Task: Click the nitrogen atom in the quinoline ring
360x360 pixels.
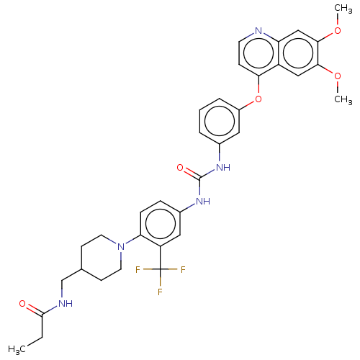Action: pyautogui.click(x=258, y=30)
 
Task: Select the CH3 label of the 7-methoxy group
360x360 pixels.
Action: pyautogui.click(x=343, y=9)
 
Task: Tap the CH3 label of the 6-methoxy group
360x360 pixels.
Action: pyautogui.click(x=343, y=99)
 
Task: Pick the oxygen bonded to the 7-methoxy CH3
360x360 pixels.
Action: pyautogui.click(x=338, y=30)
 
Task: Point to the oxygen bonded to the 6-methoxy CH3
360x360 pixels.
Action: pyautogui.click(x=338, y=76)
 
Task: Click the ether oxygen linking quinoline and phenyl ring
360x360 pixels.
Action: pyautogui.click(x=258, y=99)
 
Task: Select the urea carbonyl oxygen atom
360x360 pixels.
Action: pyautogui.click(x=180, y=168)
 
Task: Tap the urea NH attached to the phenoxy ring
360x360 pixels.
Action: pyautogui.click(x=223, y=167)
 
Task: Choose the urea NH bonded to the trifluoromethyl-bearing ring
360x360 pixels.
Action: pyautogui.click(x=203, y=201)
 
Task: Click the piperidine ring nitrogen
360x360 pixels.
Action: pyautogui.click(x=121, y=246)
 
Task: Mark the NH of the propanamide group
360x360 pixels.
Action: pyautogui.click(x=66, y=304)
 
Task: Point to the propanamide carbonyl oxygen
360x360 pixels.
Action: pyautogui.click(x=22, y=304)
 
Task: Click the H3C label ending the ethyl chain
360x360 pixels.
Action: pyautogui.click(x=17, y=349)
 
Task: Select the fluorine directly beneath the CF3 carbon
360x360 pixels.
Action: pyautogui.click(x=160, y=292)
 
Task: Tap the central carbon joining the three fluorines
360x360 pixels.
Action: pyautogui.click(x=160, y=269)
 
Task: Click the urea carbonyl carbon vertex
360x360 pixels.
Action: pyautogui.click(x=199, y=179)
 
